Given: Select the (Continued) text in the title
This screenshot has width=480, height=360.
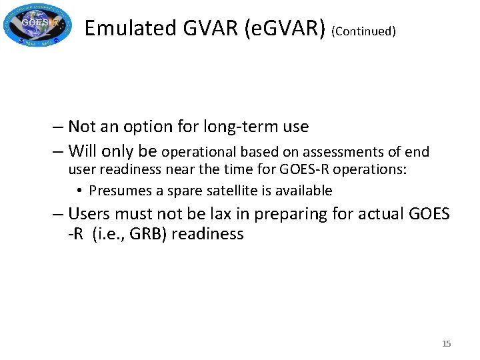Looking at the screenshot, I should tap(363, 31).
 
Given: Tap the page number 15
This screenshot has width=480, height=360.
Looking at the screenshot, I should tap(446, 343).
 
